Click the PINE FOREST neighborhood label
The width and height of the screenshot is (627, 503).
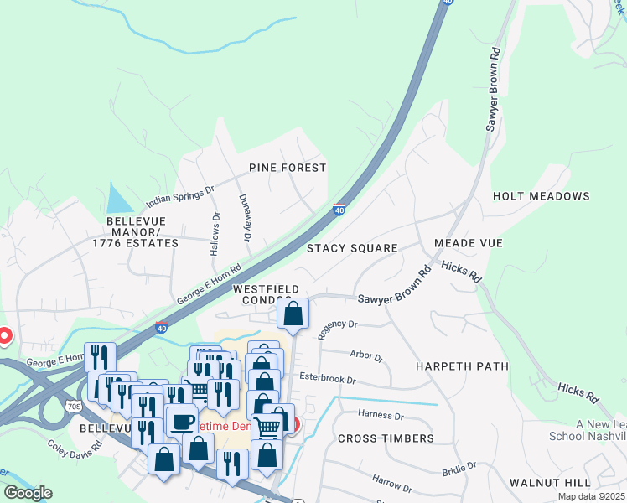coord(288,168)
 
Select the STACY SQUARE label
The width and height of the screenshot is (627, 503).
coord(351,248)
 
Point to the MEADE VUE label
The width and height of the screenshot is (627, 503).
coord(468,243)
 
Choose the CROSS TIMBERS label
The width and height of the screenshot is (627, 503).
coord(386,438)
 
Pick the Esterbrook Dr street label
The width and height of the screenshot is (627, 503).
coord(328,379)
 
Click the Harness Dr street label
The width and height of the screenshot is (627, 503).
coord(381,414)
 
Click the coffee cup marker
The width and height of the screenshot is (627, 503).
coord(182,420)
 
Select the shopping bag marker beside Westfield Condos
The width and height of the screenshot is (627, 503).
coord(293,314)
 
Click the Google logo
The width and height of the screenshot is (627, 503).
coord(28,493)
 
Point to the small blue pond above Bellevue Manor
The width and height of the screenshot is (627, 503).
coord(118,200)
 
